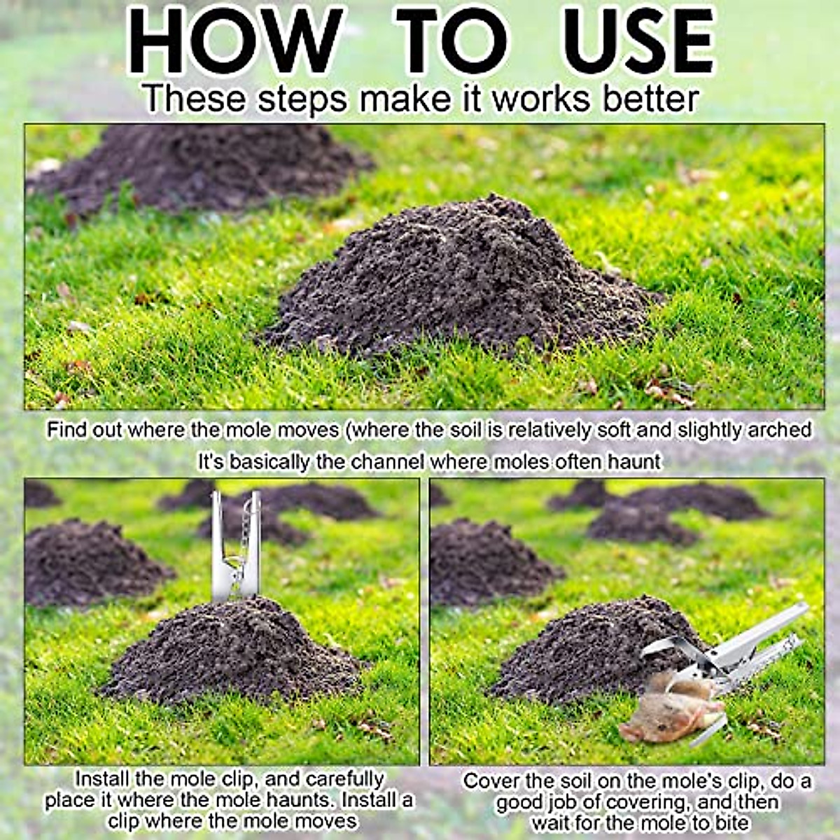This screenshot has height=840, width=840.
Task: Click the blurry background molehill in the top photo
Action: pyautogui.click(x=203, y=168)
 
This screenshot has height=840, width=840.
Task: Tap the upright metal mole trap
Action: pyautogui.click(x=236, y=546)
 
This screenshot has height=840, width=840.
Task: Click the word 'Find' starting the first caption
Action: pyautogui.click(x=66, y=430)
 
